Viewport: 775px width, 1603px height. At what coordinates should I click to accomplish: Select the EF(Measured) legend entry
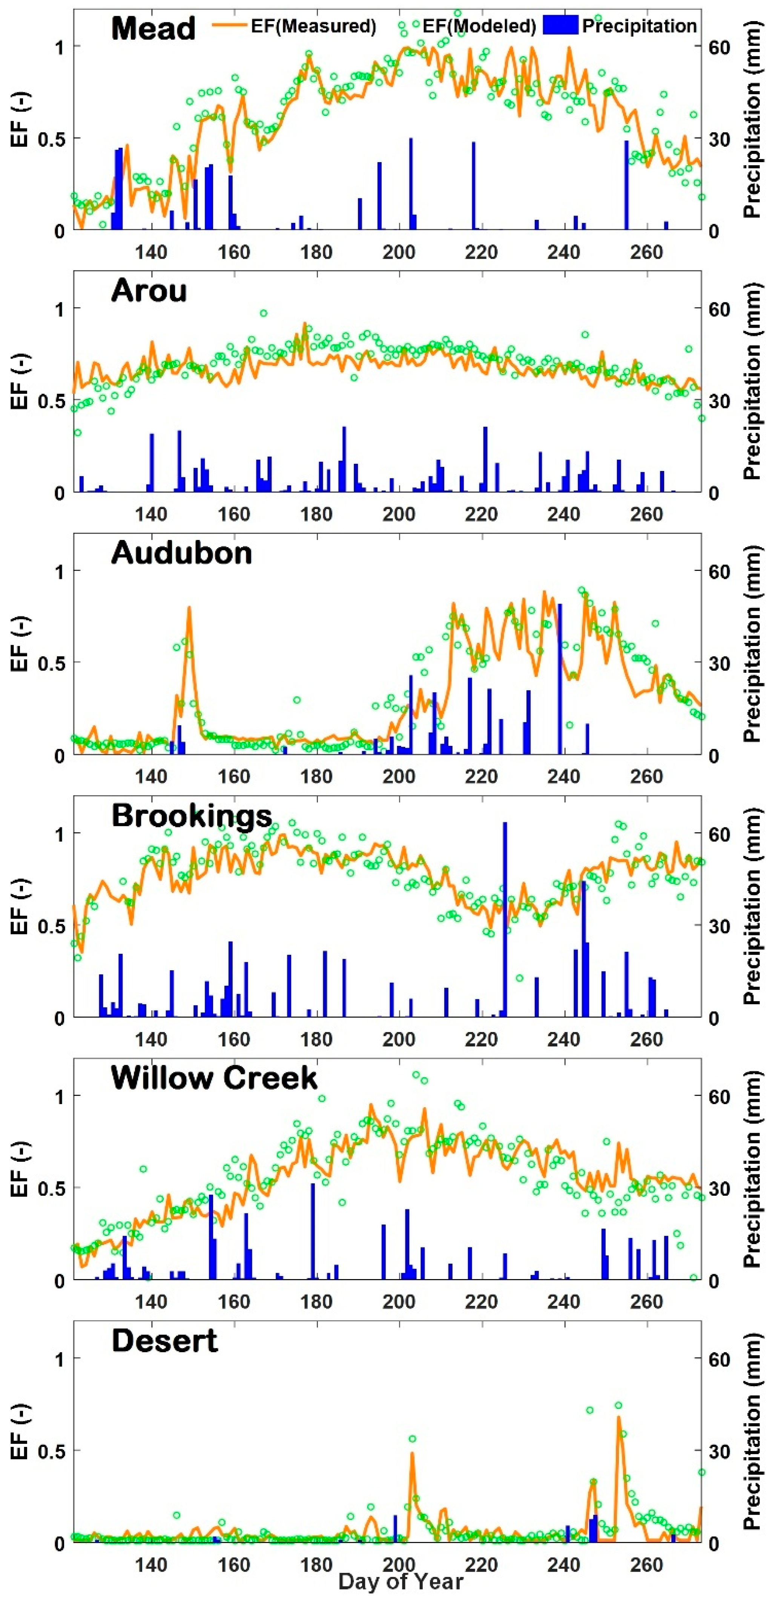pos(295,26)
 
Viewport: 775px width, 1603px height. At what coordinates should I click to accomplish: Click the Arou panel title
pos(149,291)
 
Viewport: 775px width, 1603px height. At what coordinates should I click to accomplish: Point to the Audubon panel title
pos(181,552)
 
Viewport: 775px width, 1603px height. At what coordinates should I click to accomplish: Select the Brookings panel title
pos(192,815)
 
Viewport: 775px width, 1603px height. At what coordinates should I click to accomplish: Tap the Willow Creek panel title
pos(214,1078)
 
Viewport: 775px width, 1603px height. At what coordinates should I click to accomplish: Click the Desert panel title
pos(164,1341)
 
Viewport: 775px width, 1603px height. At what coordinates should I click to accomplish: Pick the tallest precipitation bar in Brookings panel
pos(504,921)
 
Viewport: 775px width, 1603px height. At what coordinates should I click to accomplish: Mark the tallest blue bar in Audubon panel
pos(560,678)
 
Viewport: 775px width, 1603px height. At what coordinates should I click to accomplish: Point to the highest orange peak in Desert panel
pos(618,1417)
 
